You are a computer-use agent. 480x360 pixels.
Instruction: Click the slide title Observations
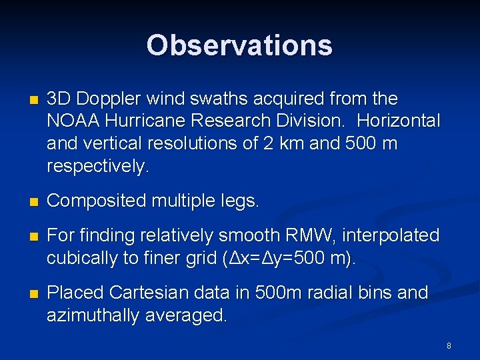click(239, 45)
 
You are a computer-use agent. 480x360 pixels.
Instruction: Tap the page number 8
click(449, 346)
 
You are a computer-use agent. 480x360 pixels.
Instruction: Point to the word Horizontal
click(398, 121)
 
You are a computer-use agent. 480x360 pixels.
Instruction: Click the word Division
click(311, 121)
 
